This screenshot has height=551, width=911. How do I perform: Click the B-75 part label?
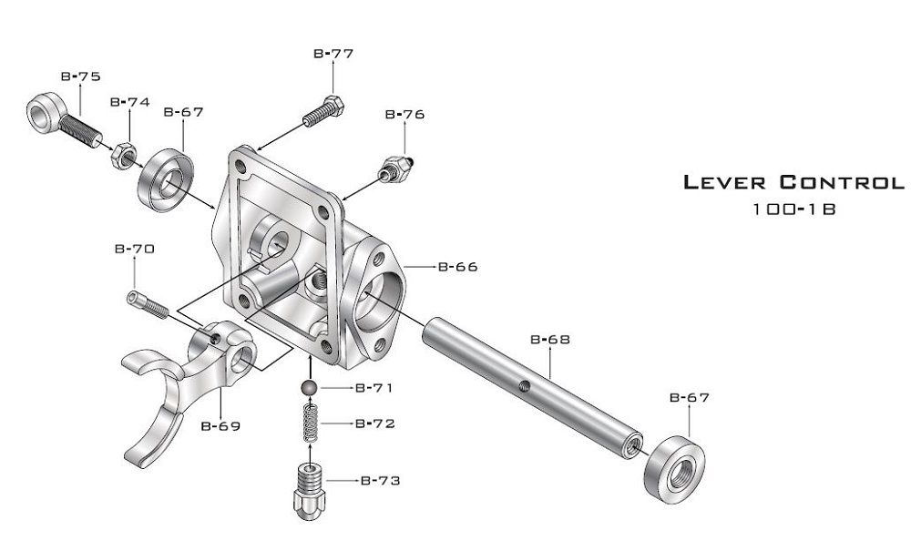click(x=80, y=77)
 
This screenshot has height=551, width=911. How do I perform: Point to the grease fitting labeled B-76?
click(x=394, y=168)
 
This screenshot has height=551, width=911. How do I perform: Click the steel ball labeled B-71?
click(x=311, y=389)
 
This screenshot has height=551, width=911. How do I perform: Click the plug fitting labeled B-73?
click(x=310, y=490)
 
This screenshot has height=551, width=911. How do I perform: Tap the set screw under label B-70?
click(x=147, y=303)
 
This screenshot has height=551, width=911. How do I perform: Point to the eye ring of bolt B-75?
click(x=44, y=113)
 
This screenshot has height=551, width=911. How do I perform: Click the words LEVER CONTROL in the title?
click(x=793, y=182)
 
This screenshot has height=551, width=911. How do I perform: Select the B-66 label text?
click(x=457, y=267)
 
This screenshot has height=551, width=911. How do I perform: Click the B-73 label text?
click(x=380, y=480)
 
